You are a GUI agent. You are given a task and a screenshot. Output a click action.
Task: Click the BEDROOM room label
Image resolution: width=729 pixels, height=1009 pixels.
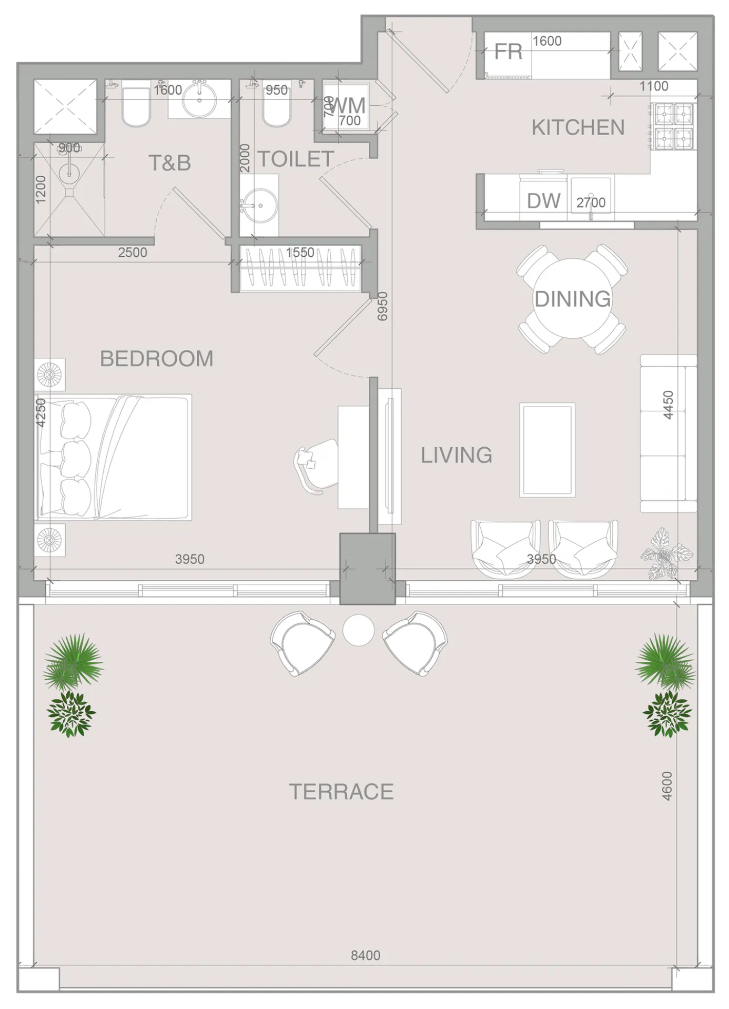pyautogui.click(x=157, y=359)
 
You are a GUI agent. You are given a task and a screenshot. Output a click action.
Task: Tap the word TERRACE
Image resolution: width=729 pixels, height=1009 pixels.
pyautogui.click(x=341, y=792)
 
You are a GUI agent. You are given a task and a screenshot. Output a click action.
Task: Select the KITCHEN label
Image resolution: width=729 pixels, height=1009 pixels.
pyautogui.click(x=578, y=128)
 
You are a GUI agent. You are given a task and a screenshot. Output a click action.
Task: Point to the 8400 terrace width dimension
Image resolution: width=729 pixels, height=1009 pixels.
pyautogui.click(x=366, y=955)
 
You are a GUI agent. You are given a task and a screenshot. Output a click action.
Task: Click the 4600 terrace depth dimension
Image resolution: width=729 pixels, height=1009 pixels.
pyautogui.click(x=667, y=786)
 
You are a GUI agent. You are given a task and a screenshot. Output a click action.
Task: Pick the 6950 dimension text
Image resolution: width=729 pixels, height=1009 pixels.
pyautogui.click(x=382, y=306)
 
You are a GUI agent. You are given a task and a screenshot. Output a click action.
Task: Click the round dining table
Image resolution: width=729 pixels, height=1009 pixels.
pyautogui.click(x=572, y=298)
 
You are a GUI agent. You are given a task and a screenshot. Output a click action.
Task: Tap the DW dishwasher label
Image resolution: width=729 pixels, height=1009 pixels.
pyautogui.click(x=543, y=201)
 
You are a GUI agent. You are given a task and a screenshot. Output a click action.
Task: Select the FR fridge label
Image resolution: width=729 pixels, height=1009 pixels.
pyautogui.click(x=508, y=52)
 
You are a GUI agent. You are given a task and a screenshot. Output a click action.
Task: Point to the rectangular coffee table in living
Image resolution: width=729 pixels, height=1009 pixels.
pyautogui.click(x=547, y=450)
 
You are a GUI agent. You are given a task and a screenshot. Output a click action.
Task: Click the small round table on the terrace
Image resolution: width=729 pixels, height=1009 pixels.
pyautogui.click(x=358, y=630)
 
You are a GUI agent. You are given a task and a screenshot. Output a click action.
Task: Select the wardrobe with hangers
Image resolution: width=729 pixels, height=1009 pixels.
pyautogui.click(x=300, y=268)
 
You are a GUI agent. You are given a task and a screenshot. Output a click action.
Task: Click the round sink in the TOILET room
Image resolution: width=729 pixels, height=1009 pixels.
pyautogui.click(x=259, y=205)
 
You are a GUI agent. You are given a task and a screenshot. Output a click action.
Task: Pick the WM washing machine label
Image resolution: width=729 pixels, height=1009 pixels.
pyautogui.click(x=348, y=106)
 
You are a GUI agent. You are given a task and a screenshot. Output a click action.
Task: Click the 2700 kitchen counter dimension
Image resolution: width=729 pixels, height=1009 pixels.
pyautogui.click(x=591, y=203)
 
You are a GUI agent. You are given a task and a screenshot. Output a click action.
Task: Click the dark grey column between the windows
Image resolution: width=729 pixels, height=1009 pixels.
pyautogui.click(x=367, y=569)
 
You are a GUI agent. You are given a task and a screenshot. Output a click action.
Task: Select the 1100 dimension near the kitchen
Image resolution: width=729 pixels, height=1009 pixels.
pyautogui.click(x=653, y=86)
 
